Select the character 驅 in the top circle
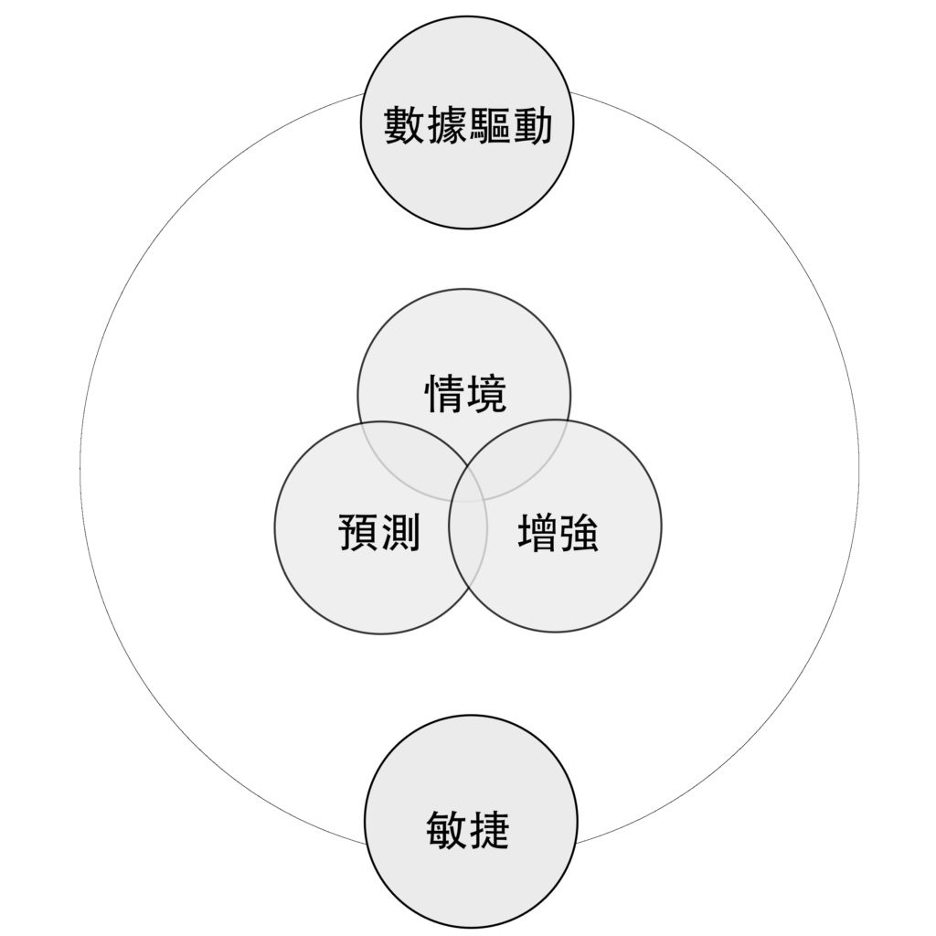490,126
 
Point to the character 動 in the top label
532,126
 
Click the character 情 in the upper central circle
445,395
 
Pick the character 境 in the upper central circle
486,395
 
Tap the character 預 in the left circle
358,532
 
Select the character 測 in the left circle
399,532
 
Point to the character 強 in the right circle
579,532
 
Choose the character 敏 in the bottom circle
448,830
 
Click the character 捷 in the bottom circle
490,830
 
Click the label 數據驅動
468,126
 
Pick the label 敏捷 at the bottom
468,830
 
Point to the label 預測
378,532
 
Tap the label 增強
558,532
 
